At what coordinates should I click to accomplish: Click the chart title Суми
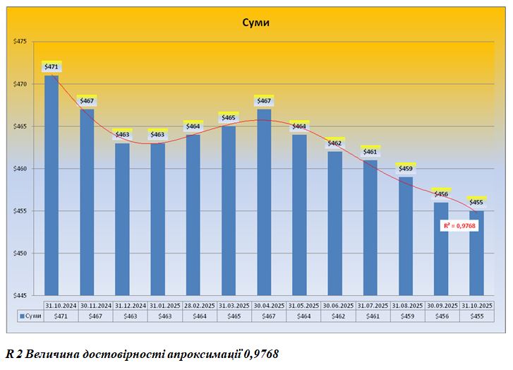[257, 23]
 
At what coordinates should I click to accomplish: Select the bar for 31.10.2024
[52, 184]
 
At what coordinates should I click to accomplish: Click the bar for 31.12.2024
[122, 219]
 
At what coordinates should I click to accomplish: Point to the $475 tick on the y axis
[20, 42]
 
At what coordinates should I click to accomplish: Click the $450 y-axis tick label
[20, 253]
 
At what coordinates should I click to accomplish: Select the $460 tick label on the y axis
[20, 169]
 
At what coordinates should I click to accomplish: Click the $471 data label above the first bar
[52, 67]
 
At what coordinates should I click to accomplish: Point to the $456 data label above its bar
[441, 193]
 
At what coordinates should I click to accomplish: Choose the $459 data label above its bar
[406, 169]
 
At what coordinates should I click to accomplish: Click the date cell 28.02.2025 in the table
[200, 305]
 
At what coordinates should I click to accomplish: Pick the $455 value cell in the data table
[476, 316]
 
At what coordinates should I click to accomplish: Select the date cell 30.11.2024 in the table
[96, 305]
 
